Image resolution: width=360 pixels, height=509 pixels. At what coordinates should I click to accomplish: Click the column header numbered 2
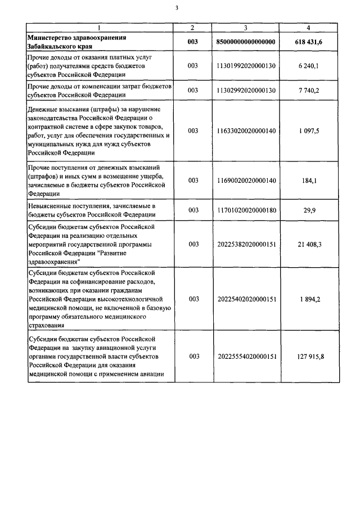(193, 28)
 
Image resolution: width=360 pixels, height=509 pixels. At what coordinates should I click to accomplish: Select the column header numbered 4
(308, 28)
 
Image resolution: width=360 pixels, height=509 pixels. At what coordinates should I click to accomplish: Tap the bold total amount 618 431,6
(308, 42)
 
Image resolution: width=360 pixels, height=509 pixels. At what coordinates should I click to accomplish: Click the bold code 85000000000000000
(246, 42)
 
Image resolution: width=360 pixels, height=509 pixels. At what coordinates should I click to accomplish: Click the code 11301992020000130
(246, 66)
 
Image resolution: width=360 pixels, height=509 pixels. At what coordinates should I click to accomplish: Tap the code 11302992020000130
(246, 91)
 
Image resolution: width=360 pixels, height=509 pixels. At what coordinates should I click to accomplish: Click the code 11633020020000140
(246, 131)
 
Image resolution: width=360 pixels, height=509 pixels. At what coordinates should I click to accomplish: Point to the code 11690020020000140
(246, 180)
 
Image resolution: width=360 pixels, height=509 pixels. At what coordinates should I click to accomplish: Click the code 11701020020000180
(246, 210)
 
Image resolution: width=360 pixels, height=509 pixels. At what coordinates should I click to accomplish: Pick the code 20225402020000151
(246, 299)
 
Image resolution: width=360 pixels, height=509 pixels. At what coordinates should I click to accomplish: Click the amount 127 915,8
(308, 357)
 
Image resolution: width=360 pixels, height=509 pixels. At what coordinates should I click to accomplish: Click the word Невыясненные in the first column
(51, 206)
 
